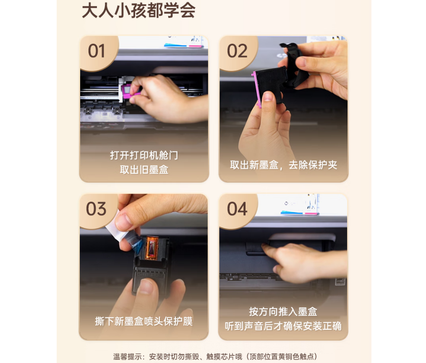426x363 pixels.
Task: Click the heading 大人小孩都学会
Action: pyautogui.click(x=139, y=11)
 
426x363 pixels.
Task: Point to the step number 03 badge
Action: pyautogui.click(x=96, y=209)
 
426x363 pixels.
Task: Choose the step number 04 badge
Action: pyautogui.click(x=237, y=209)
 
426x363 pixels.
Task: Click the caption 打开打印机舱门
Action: pyautogui.click(x=144, y=155)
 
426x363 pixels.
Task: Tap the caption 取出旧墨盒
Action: pyautogui.click(x=144, y=170)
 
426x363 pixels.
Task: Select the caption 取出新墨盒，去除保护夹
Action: pyautogui.click(x=283, y=165)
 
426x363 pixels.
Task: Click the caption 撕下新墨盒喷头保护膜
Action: pyautogui.click(x=144, y=321)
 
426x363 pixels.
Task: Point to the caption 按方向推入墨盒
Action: pyautogui.click(x=283, y=312)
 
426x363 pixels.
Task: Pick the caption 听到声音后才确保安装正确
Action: pyautogui.click(x=283, y=326)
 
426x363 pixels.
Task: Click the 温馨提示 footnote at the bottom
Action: pyautogui.click(x=215, y=356)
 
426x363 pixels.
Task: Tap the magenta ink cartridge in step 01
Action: pyautogui.click(x=127, y=91)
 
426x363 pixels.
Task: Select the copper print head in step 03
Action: pyautogui.click(x=152, y=247)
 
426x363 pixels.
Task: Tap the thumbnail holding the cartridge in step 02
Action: pyautogui.click(x=268, y=97)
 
